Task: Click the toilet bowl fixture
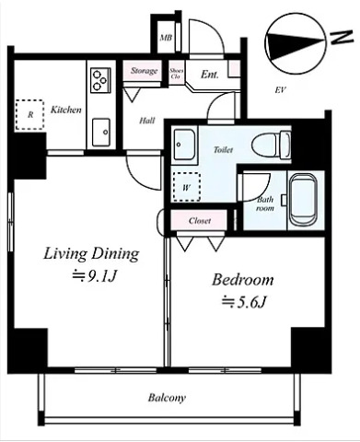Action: (x=271, y=145)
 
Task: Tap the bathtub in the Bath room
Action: (x=303, y=200)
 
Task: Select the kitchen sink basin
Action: (x=101, y=133)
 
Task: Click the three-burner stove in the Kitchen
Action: (x=100, y=80)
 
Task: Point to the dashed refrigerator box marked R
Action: (x=29, y=114)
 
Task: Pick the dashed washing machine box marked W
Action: (x=186, y=187)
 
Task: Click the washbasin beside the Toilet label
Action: (x=184, y=144)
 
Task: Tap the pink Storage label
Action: (x=144, y=71)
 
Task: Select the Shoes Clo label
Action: (x=177, y=74)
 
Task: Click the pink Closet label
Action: (x=200, y=220)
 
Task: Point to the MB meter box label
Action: (x=166, y=38)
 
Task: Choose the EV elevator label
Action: (x=281, y=90)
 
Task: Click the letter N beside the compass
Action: (x=342, y=37)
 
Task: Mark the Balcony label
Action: (x=167, y=398)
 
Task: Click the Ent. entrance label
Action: (x=210, y=75)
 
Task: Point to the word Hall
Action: (x=147, y=121)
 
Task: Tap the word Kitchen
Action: (x=66, y=110)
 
